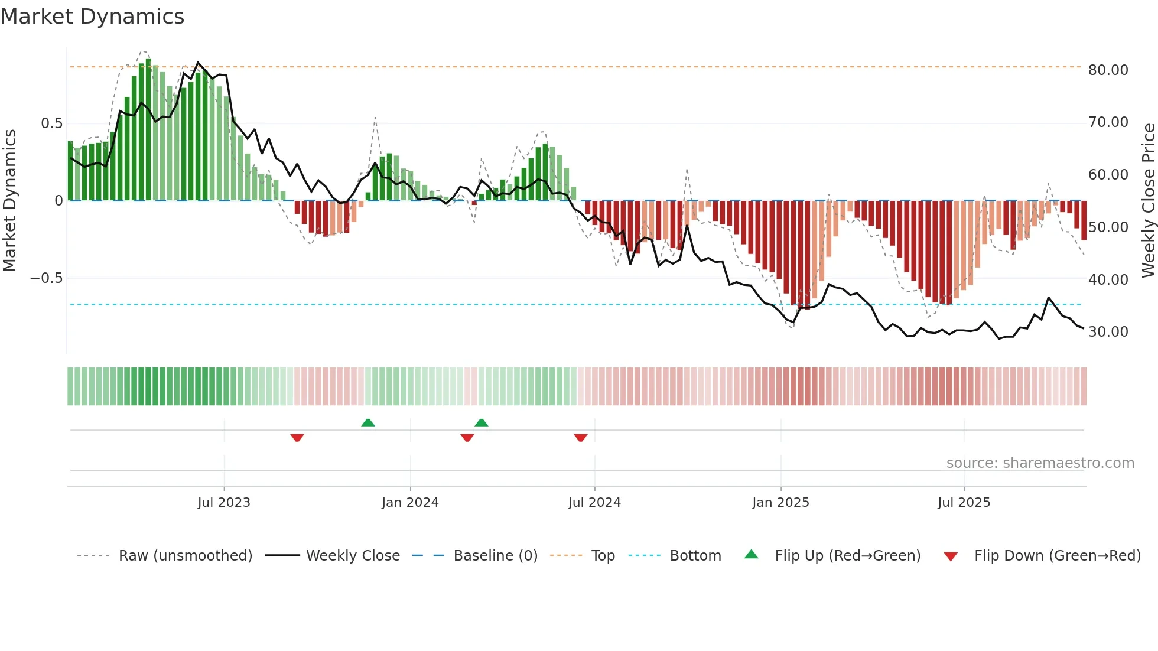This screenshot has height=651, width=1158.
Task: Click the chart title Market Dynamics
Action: click(92, 17)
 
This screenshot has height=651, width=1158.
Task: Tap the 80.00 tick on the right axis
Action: click(1108, 70)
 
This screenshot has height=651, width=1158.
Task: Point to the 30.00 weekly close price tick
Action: click(1108, 332)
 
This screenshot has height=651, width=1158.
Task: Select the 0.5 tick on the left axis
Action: click(51, 123)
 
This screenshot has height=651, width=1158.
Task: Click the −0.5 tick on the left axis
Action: click(47, 278)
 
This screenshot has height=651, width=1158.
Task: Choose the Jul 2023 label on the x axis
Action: click(224, 503)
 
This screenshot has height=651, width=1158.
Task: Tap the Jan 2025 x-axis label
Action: click(780, 503)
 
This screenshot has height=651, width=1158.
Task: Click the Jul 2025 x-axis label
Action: click(964, 503)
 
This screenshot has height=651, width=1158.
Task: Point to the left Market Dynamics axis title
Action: click(9, 201)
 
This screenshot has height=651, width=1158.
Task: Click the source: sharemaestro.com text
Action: click(1040, 463)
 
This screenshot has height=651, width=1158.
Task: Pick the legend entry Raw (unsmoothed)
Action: click(185, 556)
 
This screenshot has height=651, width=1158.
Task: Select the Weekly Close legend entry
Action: click(353, 556)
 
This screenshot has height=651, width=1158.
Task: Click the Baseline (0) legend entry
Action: click(495, 556)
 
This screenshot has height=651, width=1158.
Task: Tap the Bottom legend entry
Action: click(695, 556)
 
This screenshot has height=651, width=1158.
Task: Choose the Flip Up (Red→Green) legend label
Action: click(847, 556)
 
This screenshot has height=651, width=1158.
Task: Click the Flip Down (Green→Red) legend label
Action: click(1057, 556)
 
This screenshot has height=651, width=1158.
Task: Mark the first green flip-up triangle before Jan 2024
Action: click(368, 422)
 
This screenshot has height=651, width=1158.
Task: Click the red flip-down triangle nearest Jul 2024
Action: click(581, 438)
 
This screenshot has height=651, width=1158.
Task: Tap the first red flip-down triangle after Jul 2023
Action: click(297, 438)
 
